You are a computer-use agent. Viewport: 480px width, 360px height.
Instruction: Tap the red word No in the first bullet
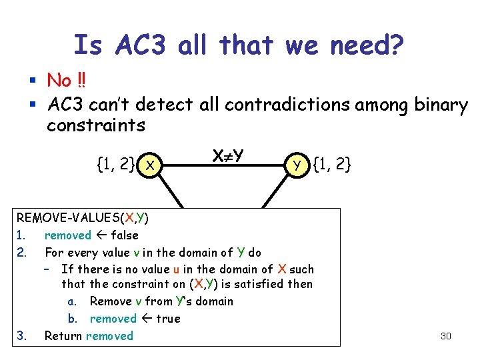pyautogui.click(x=59, y=81)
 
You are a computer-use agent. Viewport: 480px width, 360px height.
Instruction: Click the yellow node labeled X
pyautogui.click(x=151, y=164)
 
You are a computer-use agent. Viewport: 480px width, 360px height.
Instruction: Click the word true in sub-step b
pyautogui.click(x=167, y=319)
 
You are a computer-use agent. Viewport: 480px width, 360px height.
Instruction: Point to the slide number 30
pyautogui.click(x=445, y=336)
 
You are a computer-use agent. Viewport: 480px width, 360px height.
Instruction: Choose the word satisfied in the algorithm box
pyautogui.click(x=258, y=285)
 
